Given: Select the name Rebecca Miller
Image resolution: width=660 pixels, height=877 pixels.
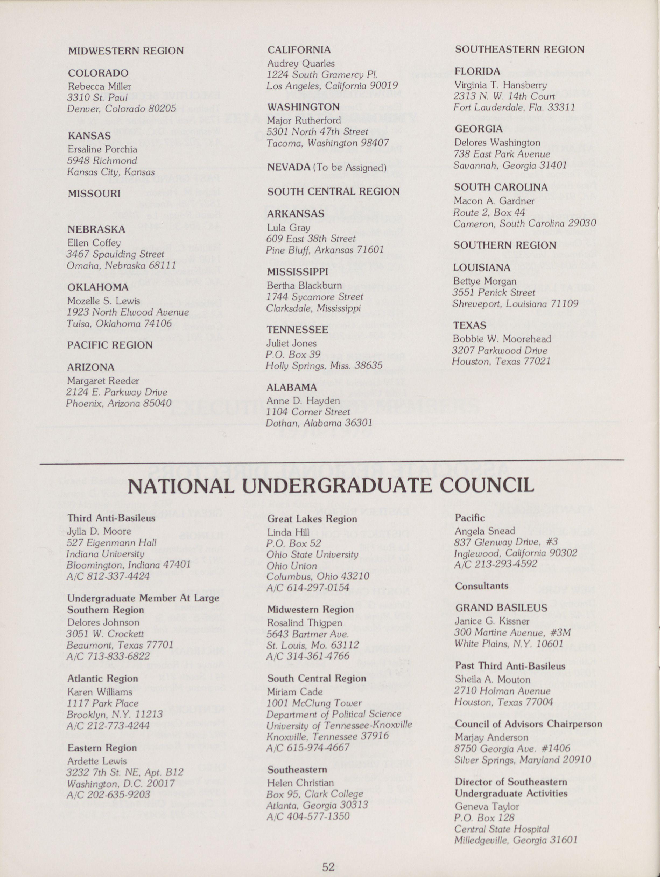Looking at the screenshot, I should pos(99,86).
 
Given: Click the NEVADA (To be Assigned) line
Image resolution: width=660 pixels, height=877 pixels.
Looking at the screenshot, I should pos(327,167).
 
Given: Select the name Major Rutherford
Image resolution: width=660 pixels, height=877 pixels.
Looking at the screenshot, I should pos(303,120).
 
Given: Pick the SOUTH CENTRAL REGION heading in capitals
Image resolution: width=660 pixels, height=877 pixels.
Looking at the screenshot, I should pos(333,192).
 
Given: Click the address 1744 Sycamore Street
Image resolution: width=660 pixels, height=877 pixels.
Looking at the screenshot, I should pos(315,297).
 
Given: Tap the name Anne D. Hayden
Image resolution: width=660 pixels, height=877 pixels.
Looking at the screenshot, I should pos(303,400).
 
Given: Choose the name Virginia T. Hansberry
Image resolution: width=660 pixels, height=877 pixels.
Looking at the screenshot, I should pos(500,84).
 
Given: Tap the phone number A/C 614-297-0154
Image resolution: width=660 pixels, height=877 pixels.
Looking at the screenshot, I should pos(308,587).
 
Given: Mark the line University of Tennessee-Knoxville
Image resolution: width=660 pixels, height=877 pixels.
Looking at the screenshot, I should pos(339,725).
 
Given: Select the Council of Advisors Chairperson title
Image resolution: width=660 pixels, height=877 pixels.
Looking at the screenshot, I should pos(528,724).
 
